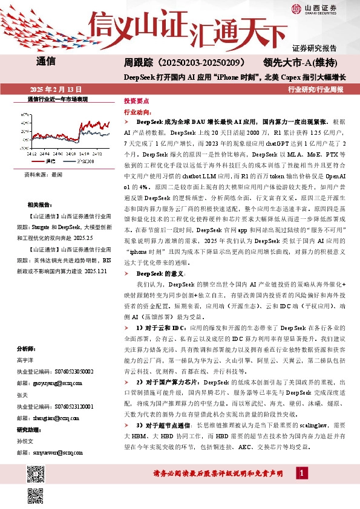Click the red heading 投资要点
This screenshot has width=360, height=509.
[136, 102]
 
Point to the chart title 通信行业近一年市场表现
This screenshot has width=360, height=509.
[58, 99]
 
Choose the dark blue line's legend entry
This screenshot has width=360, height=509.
[82, 161]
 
